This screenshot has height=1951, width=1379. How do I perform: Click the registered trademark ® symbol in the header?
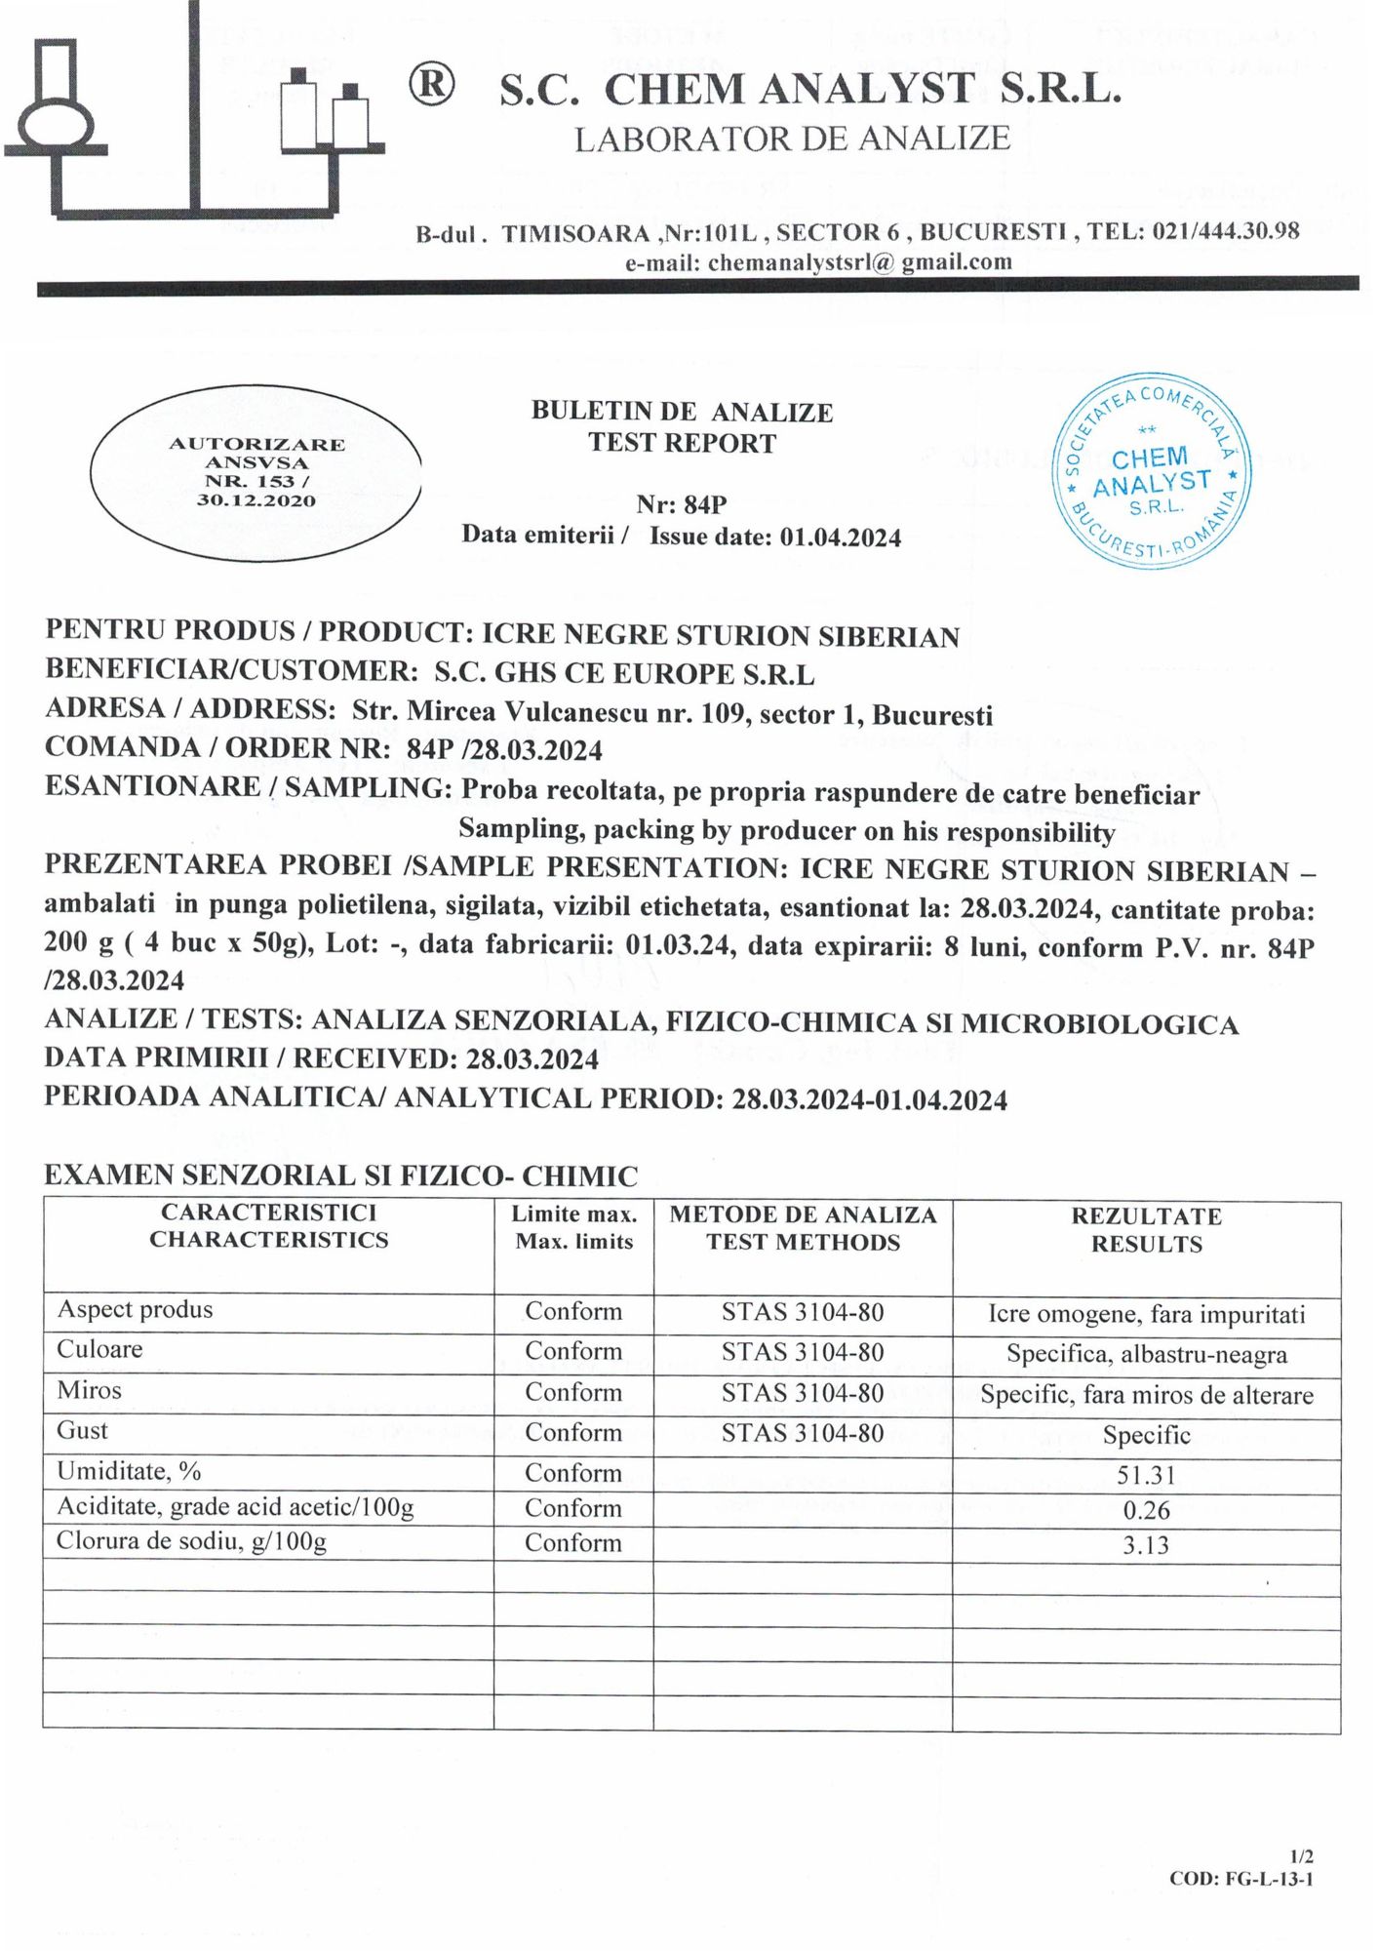(430, 87)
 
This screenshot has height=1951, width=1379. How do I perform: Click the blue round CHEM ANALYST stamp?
(1152, 471)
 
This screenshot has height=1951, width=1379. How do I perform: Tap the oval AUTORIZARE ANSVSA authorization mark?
(256, 472)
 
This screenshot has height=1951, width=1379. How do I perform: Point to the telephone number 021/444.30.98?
(1225, 231)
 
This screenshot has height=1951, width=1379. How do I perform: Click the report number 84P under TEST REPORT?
(705, 504)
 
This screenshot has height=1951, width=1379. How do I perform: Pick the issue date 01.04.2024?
(840, 538)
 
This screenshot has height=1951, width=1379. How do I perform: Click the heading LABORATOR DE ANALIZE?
(792, 139)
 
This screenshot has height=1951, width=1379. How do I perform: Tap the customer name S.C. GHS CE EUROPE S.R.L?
(624, 674)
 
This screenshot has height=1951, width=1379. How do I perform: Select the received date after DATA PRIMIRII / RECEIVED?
(532, 1059)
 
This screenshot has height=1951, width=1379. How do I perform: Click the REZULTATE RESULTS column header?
(1146, 1230)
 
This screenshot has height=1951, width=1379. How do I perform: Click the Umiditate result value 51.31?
(1146, 1475)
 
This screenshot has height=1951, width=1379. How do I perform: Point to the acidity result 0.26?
(1146, 1510)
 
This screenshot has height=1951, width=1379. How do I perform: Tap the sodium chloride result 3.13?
(1146, 1545)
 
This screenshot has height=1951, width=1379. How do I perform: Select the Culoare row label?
(99, 1350)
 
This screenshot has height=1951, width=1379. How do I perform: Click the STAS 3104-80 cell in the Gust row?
(803, 1433)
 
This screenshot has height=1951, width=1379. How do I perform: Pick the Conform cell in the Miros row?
(573, 1392)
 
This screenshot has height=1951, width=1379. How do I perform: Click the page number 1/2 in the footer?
(1301, 1856)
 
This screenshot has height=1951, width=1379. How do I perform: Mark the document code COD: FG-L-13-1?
(1241, 1879)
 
